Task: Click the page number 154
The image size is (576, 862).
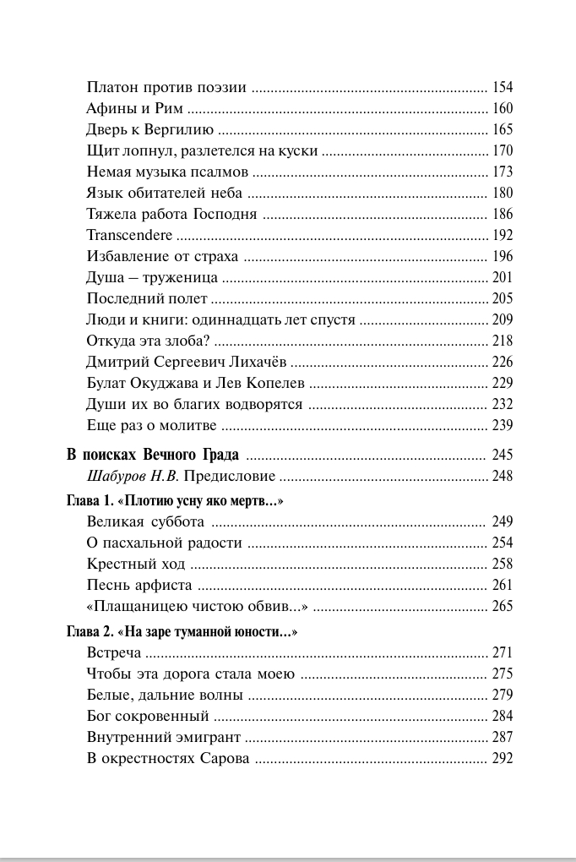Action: [503, 87]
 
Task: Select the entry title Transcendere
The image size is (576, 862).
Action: [129, 235]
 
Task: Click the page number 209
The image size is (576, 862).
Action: [503, 319]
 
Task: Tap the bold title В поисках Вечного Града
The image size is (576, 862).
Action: [153, 454]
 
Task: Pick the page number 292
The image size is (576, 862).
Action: [503, 758]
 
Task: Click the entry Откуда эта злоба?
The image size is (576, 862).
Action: [148, 341]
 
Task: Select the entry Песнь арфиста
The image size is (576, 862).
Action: [139, 585]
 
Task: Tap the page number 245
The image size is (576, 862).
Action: [503, 454]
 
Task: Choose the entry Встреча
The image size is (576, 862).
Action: [114, 652]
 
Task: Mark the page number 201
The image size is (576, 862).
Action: [503, 277]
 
